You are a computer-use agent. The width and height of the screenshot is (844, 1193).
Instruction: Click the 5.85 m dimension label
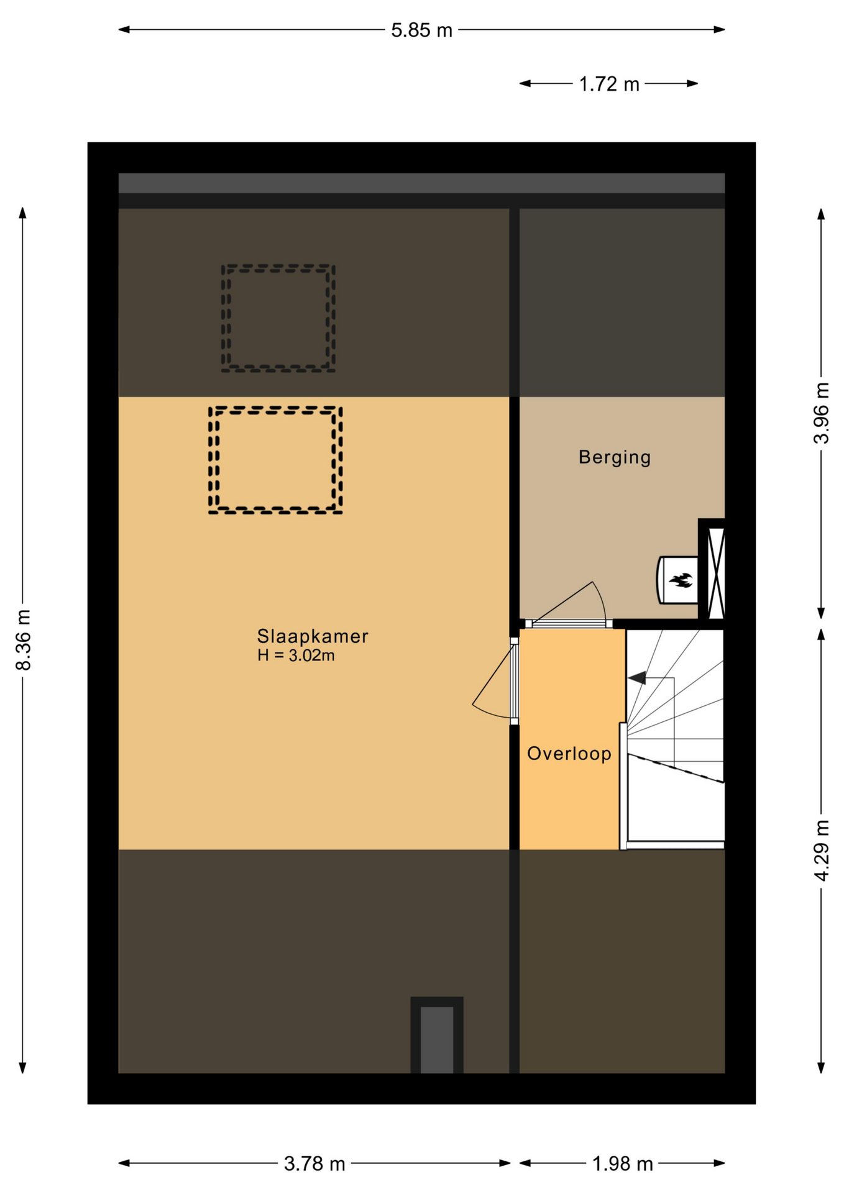point(421,30)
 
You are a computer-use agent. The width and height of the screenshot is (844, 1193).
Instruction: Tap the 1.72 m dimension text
point(609,84)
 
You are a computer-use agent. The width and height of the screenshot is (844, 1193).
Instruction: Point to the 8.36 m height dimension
point(23,639)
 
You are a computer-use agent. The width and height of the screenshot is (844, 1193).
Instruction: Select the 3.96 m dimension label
point(821,413)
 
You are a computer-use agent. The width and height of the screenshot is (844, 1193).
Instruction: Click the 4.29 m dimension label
point(821,850)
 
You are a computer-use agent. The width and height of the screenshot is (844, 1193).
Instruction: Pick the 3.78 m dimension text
point(314,1163)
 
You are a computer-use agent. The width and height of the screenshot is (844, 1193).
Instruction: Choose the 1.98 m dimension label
point(623,1163)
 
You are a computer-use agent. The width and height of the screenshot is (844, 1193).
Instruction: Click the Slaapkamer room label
point(313,636)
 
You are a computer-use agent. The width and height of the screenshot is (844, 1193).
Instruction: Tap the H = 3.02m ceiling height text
point(296,656)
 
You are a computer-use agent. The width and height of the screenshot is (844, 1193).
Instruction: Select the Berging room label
point(615,457)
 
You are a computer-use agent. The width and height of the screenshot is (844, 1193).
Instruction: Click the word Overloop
point(569,754)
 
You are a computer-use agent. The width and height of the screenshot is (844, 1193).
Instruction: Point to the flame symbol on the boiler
point(681,580)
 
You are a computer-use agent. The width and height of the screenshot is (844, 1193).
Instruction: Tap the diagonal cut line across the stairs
point(676,768)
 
